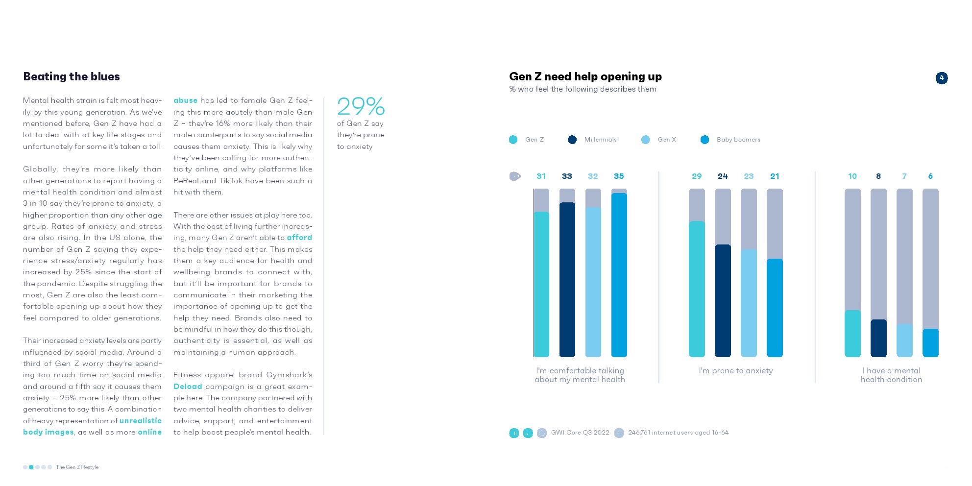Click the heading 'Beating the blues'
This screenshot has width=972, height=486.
coord(72,76)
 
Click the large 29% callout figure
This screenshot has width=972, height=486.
coord(361,106)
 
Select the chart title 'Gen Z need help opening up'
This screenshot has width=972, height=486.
coord(585,76)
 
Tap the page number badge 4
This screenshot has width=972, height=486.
coord(941,78)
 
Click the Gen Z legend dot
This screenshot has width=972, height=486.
coord(513,140)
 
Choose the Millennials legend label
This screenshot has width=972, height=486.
coord(600,140)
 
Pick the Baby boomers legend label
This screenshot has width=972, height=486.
coord(738,140)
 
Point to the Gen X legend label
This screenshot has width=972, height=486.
coord(666,140)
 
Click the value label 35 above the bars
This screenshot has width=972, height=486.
coord(618,176)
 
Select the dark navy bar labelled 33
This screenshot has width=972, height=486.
coord(567,279)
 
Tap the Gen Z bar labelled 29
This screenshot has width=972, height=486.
coord(697,289)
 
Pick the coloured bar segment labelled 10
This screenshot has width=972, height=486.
coord(852,333)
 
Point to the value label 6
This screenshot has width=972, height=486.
coord(930,176)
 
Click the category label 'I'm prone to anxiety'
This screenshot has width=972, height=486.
coord(735,371)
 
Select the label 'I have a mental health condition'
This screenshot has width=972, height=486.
coord(891,375)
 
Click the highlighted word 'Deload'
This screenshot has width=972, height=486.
coord(188,387)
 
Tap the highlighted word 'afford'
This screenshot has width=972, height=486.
coord(299,238)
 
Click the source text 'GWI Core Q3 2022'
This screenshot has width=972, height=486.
coord(580,433)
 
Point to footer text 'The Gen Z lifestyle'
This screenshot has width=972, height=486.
coord(77,467)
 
